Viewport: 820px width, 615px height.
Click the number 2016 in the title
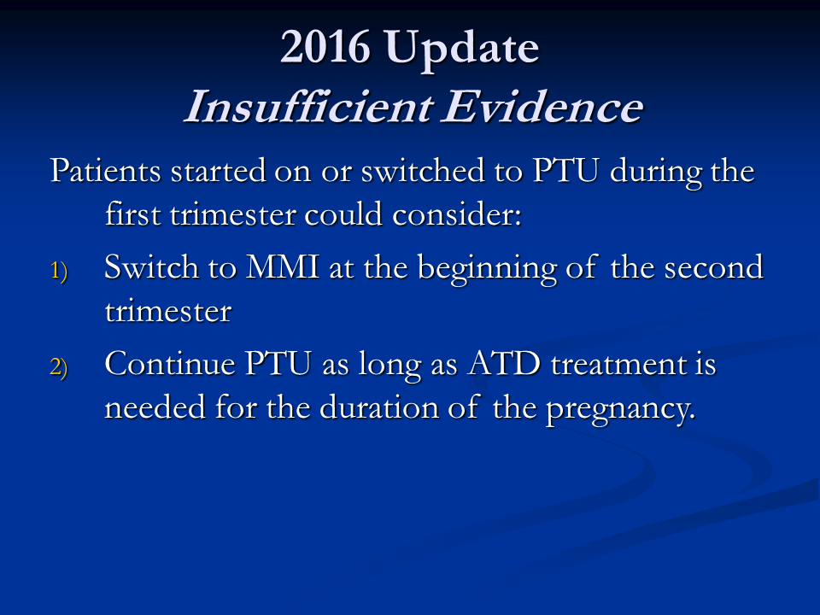click(325, 47)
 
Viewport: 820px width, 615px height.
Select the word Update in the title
click(462, 50)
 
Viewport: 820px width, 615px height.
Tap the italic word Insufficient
click(308, 107)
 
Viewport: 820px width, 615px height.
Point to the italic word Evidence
click(542, 107)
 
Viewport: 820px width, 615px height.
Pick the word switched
click(423, 171)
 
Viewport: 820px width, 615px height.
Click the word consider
click(456, 214)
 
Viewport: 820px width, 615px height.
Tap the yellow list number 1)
click(59, 272)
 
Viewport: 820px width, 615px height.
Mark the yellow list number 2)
click(59, 367)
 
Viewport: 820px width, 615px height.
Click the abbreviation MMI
click(283, 267)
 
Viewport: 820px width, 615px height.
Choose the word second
click(713, 267)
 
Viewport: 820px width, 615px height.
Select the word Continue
click(170, 364)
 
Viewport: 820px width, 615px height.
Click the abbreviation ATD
click(504, 364)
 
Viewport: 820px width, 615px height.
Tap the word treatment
click(618, 365)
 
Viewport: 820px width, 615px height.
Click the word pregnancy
click(621, 410)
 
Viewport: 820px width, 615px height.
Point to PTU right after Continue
click(278, 364)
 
